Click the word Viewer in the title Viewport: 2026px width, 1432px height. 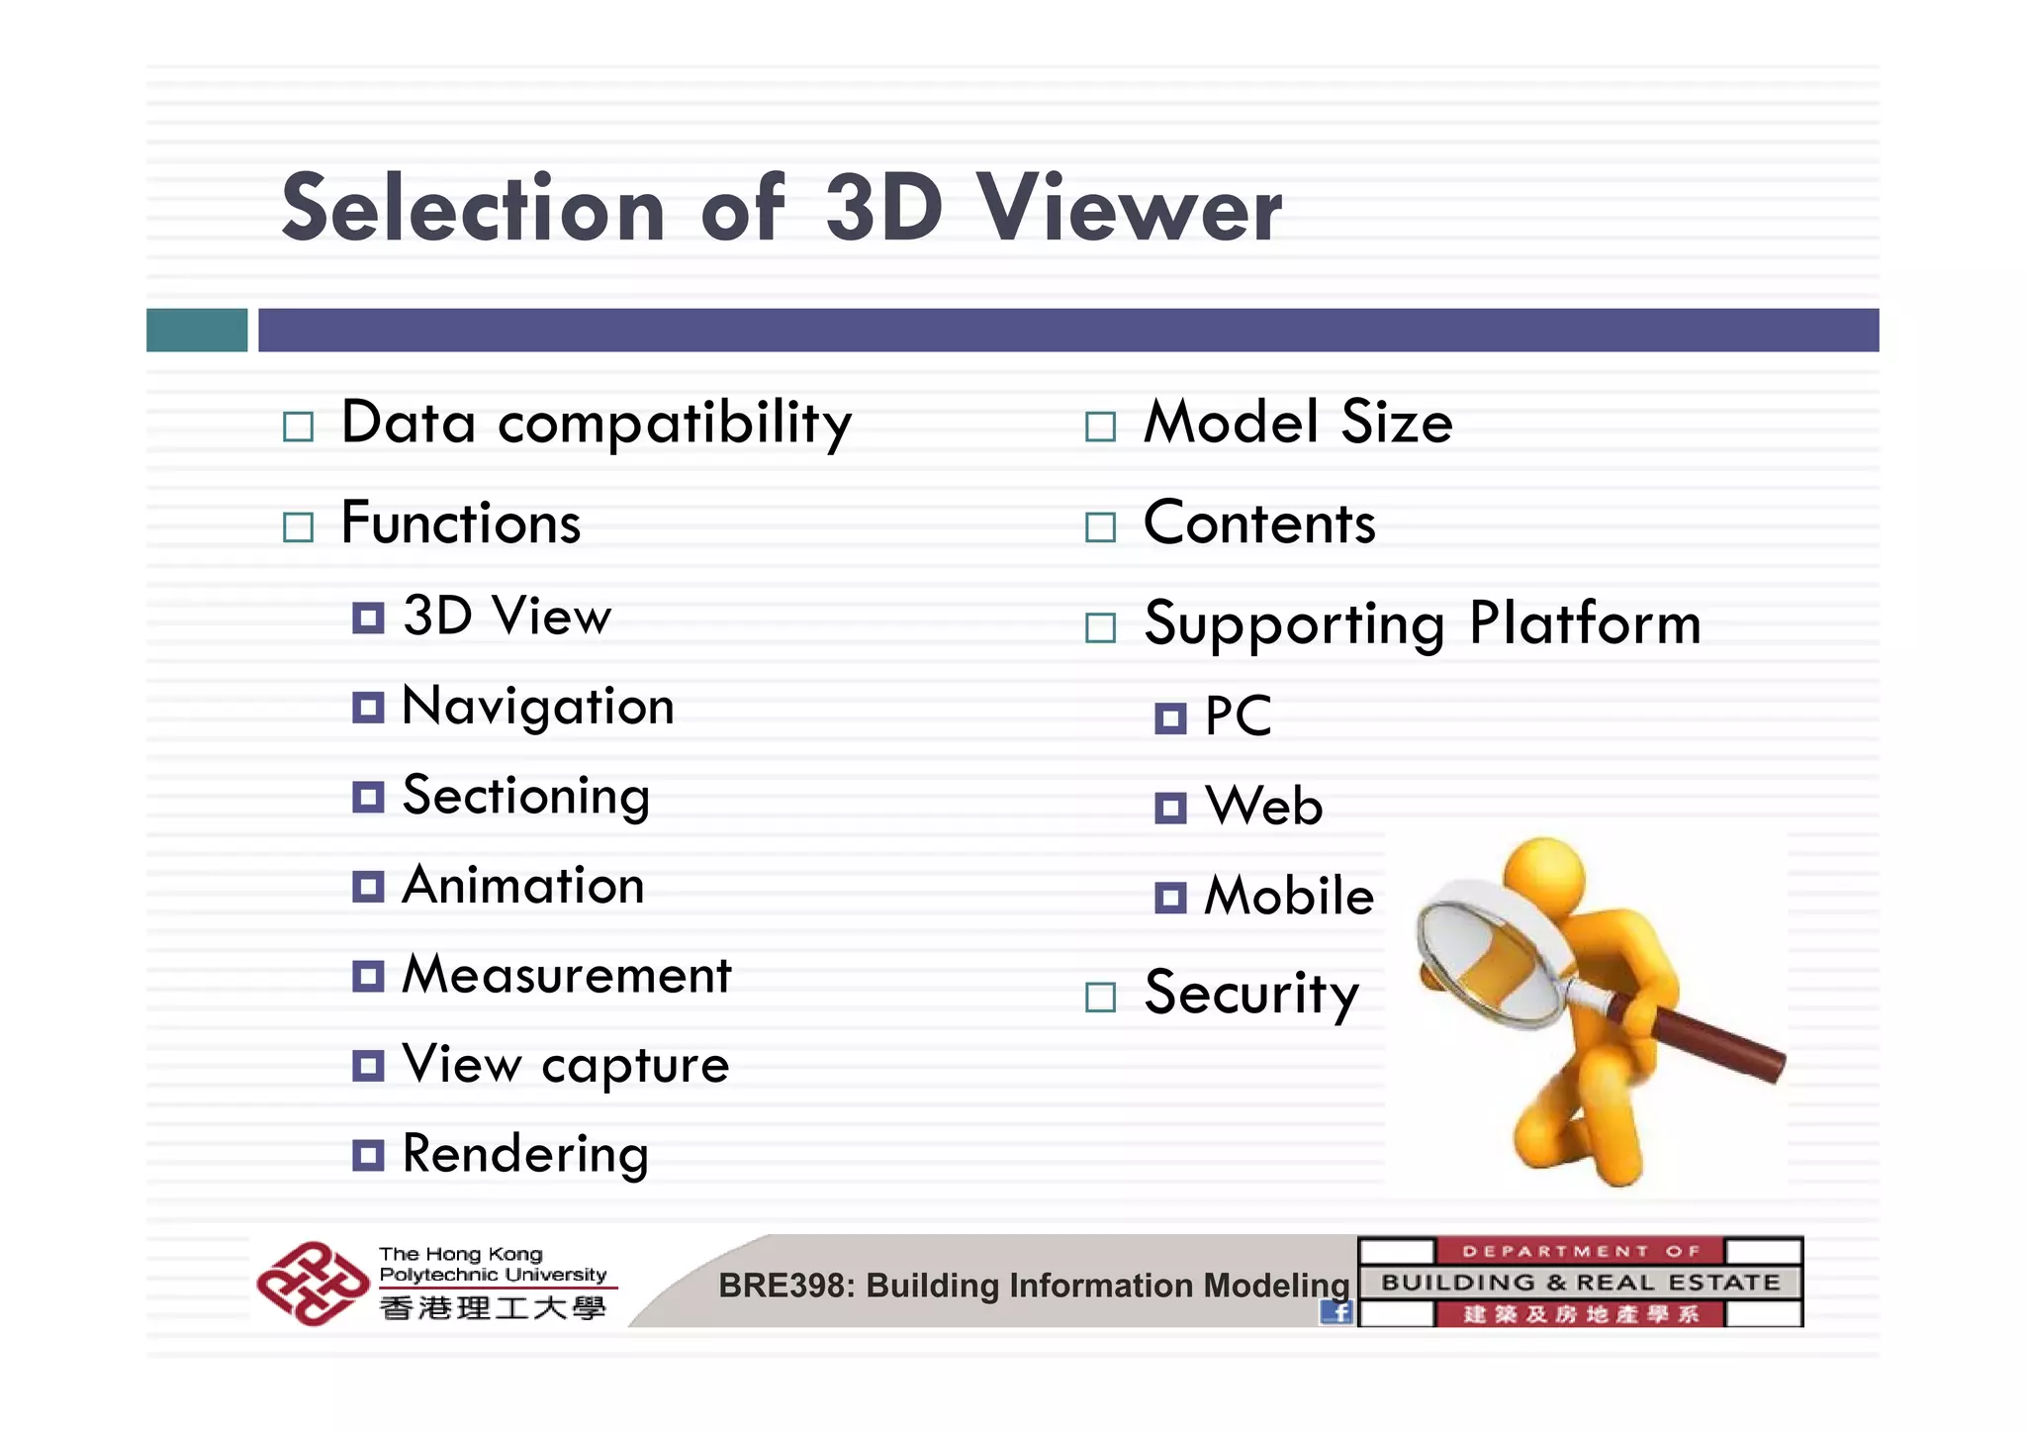[x=1129, y=209]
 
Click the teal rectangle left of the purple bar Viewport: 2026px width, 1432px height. [x=197, y=330]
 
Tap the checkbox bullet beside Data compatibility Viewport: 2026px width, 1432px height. [x=298, y=427]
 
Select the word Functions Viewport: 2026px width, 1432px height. [x=461, y=524]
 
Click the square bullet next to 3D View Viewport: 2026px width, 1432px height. [x=368, y=619]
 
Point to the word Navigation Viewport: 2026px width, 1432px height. [x=538, y=708]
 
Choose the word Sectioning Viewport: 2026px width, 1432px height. [x=526, y=797]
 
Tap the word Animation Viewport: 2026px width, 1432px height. [x=523, y=886]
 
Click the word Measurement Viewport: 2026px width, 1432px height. [x=567, y=976]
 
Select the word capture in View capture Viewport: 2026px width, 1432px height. [x=635, y=1066]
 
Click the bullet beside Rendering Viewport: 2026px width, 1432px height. [x=368, y=1155]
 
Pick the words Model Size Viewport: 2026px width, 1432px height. [x=1298, y=423]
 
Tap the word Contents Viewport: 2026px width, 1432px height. [x=1259, y=524]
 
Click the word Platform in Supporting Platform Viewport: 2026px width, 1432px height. [x=1586, y=623]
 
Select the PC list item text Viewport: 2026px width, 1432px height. [x=1238, y=716]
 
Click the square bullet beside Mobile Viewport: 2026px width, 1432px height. [x=1170, y=898]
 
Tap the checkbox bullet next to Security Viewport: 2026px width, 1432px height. [x=1100, y=997]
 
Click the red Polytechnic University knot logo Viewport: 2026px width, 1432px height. [x=312, y=1284]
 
